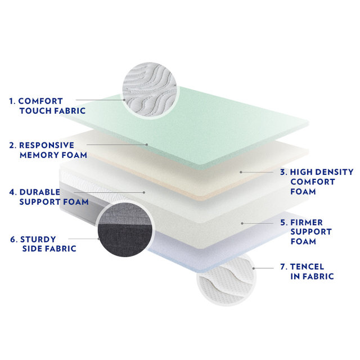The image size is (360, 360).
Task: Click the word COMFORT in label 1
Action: (x=40, y=101)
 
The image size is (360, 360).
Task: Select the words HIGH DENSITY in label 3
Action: (x=322, y=172)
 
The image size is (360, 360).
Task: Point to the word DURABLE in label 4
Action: (x=40, y=192)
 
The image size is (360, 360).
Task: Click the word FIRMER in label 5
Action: (x=307, y=222)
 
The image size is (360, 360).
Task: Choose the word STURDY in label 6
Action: (x=38, y=240)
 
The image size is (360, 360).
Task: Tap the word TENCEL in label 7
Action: (x=307, y=267)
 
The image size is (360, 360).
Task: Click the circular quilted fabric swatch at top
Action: (x=150, y=90)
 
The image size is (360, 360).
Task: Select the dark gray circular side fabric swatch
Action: (x=125, y=229)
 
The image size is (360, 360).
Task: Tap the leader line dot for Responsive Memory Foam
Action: (x=147, y=145)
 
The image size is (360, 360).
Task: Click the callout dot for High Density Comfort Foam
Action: (x=241, y=172)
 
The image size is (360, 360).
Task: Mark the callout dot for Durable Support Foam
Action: (x=144, y=192)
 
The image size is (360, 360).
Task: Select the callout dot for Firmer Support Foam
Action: (x=242, y=223)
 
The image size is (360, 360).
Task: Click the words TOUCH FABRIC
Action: (x=52, y=111)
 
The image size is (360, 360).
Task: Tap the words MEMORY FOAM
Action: (x=53, y=155)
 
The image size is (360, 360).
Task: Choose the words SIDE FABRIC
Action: (x=49, y=249)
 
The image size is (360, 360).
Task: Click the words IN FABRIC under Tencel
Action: (x=312, y=276)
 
